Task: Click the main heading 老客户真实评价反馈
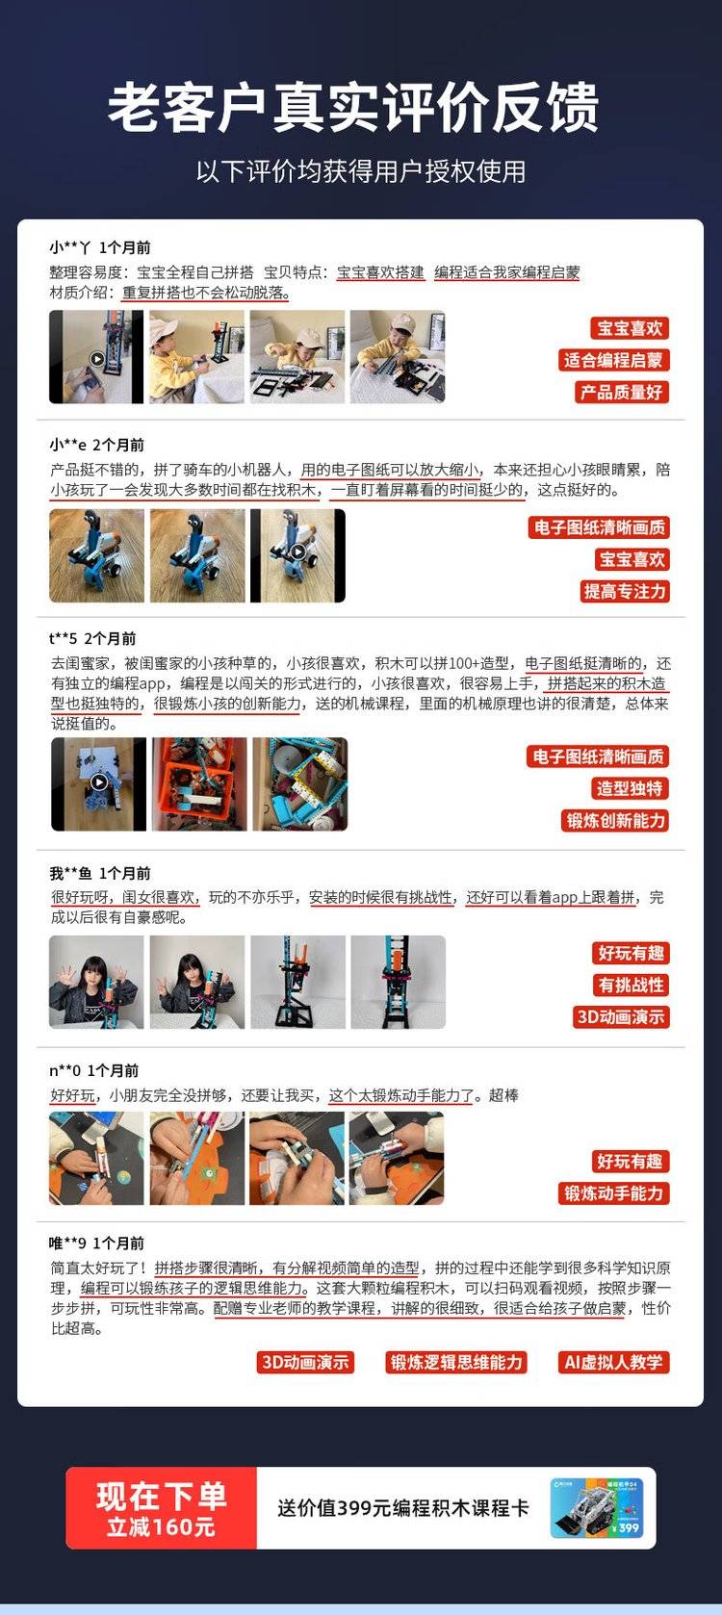point(353,108)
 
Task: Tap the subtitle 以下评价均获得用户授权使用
point(361,171)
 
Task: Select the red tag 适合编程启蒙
point(614,360)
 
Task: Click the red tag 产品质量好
point(622,393)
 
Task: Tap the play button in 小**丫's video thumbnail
point(96,358)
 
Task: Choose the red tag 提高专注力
point(625,591)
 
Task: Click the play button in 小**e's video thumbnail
point(297,551)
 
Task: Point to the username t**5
point(63,638)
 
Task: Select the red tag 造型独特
point(630,788)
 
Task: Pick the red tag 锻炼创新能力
point(615,820)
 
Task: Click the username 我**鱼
point(70,873)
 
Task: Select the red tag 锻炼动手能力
point(614,1193)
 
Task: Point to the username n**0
point(64,1070)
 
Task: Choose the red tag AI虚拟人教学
point(614,1362)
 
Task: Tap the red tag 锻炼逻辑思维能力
point(456,1362)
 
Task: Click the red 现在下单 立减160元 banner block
point(162,1508)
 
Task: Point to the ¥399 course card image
point(597,1508)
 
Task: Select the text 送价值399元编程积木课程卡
point(403,1508)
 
